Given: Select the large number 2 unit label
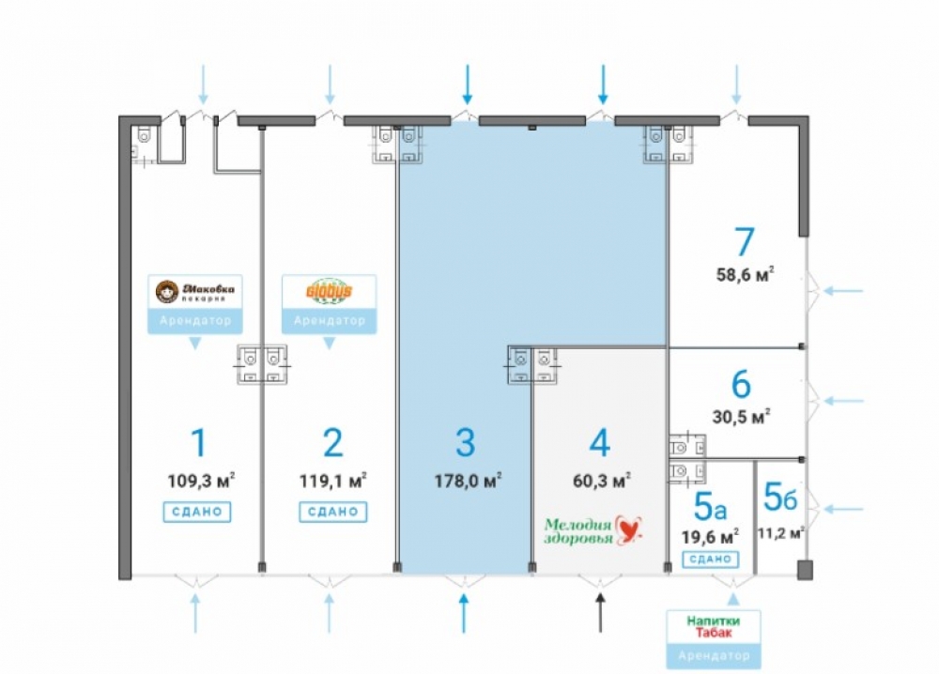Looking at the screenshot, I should (x=332, y=442).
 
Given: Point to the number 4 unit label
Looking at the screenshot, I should (x=601, y=442).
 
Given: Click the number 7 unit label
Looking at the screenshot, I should (x=744, y=241).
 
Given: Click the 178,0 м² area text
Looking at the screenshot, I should (x=466, y=482).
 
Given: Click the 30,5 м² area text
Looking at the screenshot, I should (x=742, y=415).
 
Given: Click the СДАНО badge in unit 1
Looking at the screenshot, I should (x=197, y=512).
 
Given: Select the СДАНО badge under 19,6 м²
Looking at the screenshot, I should (x=711, y=559).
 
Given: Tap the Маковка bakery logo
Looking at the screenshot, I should (x=194, y=292).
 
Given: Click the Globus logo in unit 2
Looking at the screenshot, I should (x=329, y=292).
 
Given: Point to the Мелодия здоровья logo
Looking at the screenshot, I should (x=593, y=530).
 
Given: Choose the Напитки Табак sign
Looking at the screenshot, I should (x=712, y=627).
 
